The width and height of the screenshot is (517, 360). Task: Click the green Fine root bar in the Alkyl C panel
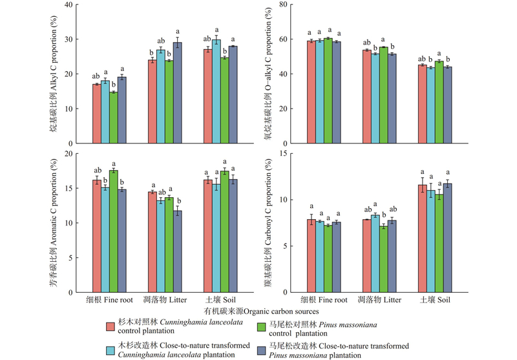113,117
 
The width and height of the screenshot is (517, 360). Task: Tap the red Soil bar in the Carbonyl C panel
422,238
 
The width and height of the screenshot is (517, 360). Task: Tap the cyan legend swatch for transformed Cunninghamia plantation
111,350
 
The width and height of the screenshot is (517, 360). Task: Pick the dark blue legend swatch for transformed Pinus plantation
262,350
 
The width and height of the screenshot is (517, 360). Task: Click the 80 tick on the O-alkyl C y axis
289,5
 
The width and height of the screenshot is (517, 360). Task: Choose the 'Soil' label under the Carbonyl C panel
442,301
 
